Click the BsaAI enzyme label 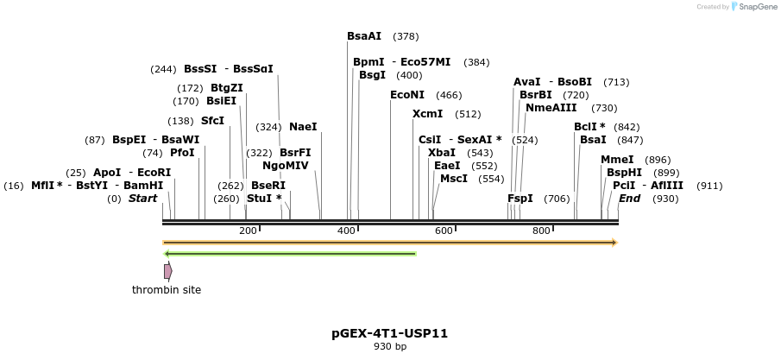[364, 36]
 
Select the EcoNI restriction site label [407, 95]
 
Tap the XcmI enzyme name [427, 114]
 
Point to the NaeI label [303, 127]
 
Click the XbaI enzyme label [442, 153]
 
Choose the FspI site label [520, 199]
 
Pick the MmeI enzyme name [617, 160]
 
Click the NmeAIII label [551, 108]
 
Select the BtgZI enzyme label [227, 88]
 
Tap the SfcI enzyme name [212, 121]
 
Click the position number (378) [406, 36]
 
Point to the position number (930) [665, 199]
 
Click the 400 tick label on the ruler [346, 231]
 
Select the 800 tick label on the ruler [541, 231]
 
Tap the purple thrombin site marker [167, 271]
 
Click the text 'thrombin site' [167, 290]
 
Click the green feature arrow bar [290, 254]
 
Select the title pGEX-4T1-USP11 [389, 333]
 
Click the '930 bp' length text [389, 347]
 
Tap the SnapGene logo [753, 7]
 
